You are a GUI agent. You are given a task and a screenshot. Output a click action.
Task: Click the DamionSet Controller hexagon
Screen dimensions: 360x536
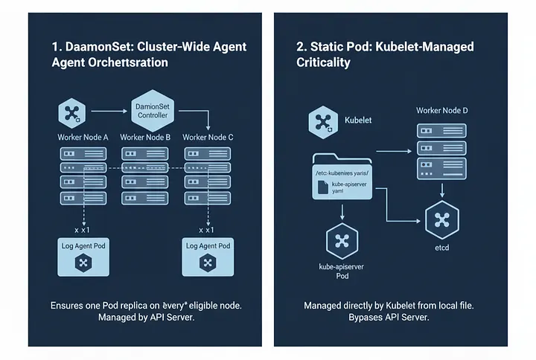point(152,112)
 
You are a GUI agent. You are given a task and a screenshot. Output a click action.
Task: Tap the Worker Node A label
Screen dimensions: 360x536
point(83,138)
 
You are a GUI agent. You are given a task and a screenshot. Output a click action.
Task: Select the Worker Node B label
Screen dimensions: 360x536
point(145,138)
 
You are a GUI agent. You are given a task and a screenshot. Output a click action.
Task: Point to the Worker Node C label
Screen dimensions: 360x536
point(208,138)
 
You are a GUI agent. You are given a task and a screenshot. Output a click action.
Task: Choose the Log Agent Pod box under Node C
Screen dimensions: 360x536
point(208,257)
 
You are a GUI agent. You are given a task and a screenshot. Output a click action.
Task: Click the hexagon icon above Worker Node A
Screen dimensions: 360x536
point(72,114)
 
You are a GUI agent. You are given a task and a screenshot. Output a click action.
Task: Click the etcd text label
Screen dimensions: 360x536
point(441,247)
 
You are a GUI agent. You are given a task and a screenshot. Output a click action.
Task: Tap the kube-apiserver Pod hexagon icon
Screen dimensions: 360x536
point(342,242)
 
